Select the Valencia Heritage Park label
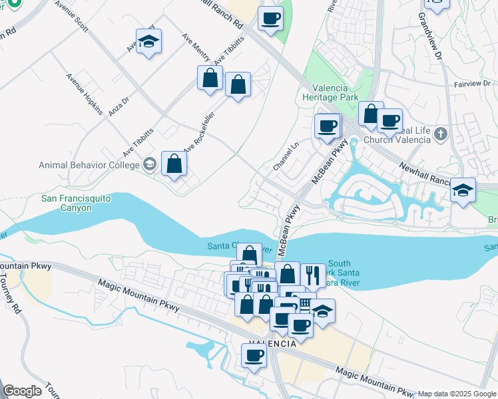335,92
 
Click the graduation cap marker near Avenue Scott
149,42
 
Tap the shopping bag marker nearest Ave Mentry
210,78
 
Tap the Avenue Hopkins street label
83,94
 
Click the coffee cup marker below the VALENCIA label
254,356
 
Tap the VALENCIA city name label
272,344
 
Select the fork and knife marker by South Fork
312,274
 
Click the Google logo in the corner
22,391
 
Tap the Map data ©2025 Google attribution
457,394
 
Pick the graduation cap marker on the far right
463,190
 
